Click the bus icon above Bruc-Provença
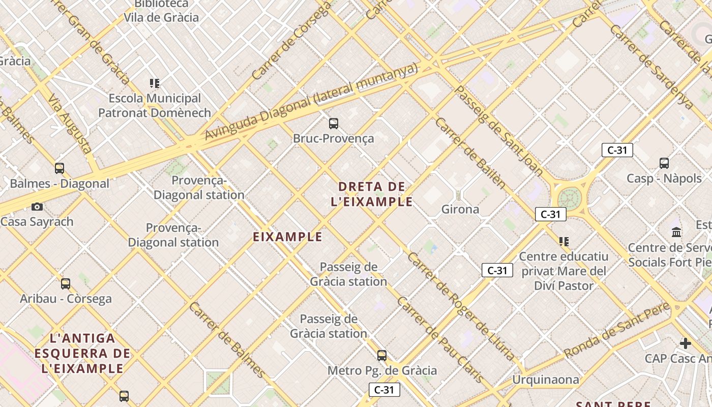point(334,123)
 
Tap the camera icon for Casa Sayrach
point(37,207)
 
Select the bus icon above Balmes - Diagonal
point(60,168)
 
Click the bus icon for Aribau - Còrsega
point(66,284)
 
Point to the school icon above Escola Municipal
point(155,83)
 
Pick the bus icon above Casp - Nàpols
point(664,163)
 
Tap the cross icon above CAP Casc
point(686,343)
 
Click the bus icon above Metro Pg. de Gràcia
point(382,356)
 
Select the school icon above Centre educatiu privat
point(563,241)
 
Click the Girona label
point(460,209)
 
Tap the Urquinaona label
point(546,380)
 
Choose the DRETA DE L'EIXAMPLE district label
point(372,194)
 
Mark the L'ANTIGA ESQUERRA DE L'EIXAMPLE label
point(82,353)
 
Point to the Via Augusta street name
point(71,124)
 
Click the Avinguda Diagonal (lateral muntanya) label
point(311,101)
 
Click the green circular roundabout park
point(570,198)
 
